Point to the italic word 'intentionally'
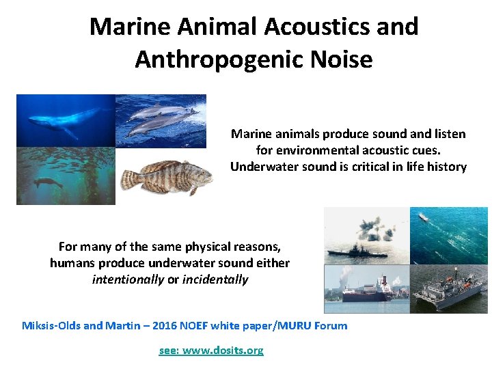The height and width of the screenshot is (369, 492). (x=128, y=279)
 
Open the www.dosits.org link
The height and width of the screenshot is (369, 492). (x=210, y=350)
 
